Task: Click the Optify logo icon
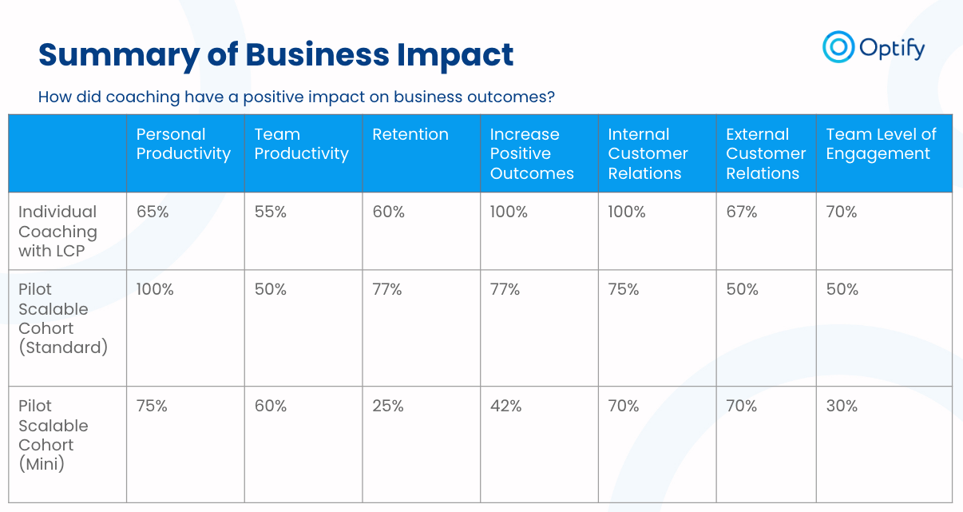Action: [x=838, y=46]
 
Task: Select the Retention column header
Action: [x=410, y=135]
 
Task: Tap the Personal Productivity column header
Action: [x=184, y=145]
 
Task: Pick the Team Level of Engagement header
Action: [x=881, y=145]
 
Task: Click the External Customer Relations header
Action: [x=765, y=153]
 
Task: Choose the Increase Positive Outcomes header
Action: [x=532, y=153]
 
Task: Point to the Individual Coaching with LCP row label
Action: [x=57, y=232]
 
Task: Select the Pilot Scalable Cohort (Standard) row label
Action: [x=62, y=318]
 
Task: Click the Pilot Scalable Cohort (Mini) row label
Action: [x=53, y=435]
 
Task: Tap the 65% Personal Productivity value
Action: [x=152, y=212]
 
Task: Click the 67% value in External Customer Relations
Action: [x=742, y=212]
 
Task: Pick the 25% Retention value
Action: [x=387, y=407]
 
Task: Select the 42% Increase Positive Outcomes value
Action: [x=505, y=407]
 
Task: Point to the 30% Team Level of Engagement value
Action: [x=842, y=407]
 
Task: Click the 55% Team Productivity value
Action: [x=271, y=212]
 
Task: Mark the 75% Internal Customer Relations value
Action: [x=624, y=290]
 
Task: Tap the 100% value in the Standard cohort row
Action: [x=155, y=290]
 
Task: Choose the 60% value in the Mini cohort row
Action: [x=271, y=407]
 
